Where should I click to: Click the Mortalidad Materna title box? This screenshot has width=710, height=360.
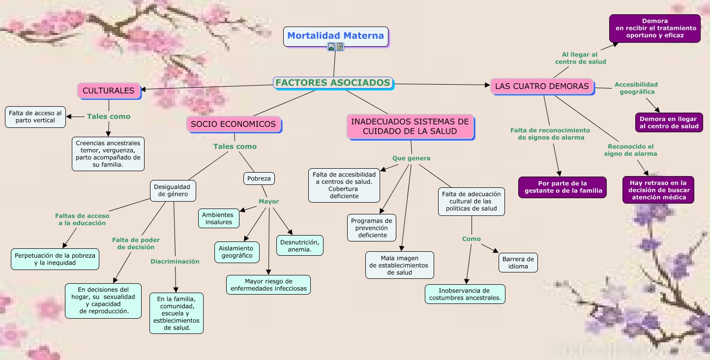pyautogui.click(x=335, y=36)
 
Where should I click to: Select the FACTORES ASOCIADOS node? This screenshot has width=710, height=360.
pyautogui.click(x=333, y=83)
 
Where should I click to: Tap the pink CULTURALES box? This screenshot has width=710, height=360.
pyautogui.click(x=108, y=90)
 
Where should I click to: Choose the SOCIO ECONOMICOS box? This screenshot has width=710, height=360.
pyautogui.click(x=233, y=124)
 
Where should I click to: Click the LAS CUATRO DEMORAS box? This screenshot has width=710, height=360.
pyautogui.click(x=541, y=86)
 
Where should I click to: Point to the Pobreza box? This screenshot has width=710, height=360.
pyautogui.click(x=259, y=179)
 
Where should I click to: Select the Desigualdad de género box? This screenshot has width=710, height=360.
pyautogui.click(x=172, y=191)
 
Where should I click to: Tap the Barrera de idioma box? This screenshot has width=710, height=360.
pyautogui.click(x=518, y=263)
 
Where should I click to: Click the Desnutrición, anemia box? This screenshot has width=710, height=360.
pyautogui.click(x=300, y=245)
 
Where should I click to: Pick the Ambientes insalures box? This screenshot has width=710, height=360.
pyautogui.click(x=218, y=218)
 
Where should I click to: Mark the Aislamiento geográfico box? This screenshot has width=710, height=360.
pyautogui.click(x=237, y=252)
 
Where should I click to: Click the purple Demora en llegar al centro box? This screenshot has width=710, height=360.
pyautogui.click(x=669, y=122)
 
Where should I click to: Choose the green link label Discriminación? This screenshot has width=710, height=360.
pyautogui.click(x=175, y=262)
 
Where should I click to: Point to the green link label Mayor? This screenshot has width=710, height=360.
pyautogui.click(x=269, y=202)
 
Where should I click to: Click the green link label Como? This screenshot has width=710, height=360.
pyautogui.click(x=472, y=239)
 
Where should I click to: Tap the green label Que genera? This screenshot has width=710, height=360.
pyautogui.click(x=411, y=158)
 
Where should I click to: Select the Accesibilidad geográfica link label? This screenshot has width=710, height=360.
pyautogui.click(x=636, y=88)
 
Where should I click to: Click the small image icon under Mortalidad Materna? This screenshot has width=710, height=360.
pyautogui.click(x=331, y=47)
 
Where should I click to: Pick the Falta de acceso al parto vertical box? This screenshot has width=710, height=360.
pyautogui.click(x=35, y=117)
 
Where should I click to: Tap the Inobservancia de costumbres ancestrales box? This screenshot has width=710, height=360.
pyautogui.click(x=465, y=294)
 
